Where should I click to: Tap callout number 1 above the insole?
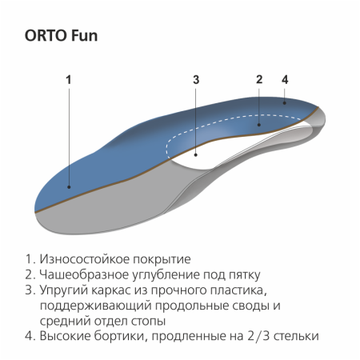click(69, 80)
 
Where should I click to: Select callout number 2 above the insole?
click(259, 79)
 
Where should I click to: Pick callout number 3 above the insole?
click(196, 80)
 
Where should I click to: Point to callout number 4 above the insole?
click(285, 79)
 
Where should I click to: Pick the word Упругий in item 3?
click(62, 290)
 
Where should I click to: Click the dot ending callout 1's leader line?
click(69, 186)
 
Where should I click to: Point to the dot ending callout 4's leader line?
click(285, 102)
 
